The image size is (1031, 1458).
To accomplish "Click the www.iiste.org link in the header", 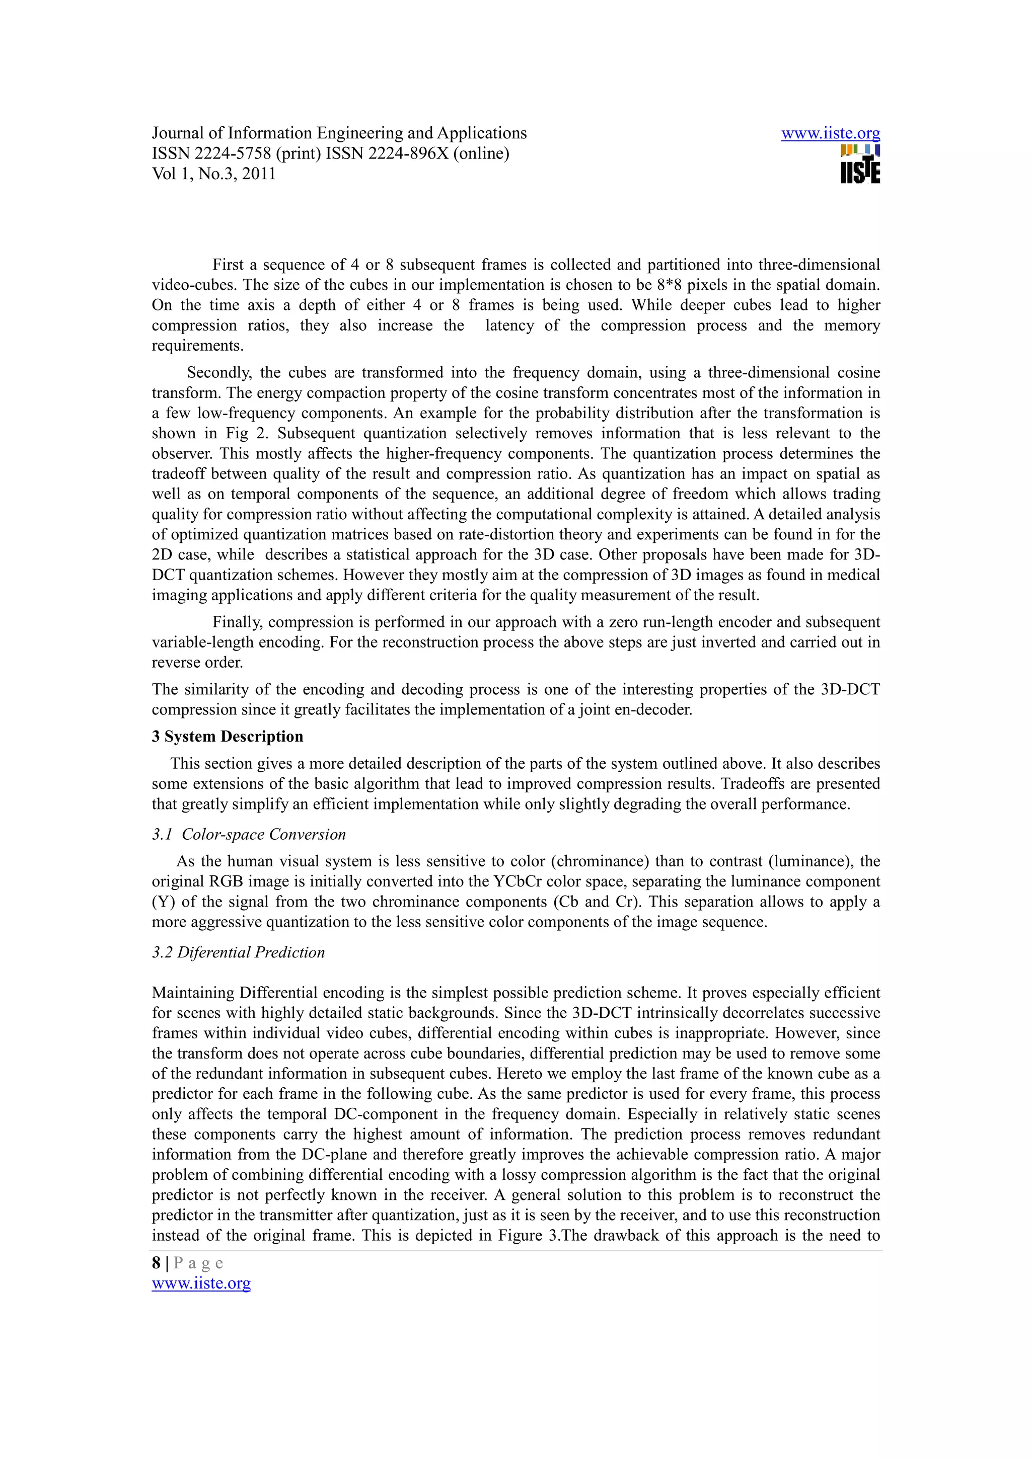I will point(830,133).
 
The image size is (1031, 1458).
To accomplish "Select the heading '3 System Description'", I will point(228,737).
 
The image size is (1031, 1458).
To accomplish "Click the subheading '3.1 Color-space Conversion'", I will point(249,835).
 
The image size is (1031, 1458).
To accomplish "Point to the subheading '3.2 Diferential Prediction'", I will point(238,952).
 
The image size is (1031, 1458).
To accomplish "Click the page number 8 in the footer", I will point(156,1263).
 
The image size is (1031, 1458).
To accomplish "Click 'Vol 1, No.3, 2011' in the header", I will point(213,174).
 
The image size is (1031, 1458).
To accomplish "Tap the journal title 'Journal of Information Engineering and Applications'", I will point(339,133).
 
